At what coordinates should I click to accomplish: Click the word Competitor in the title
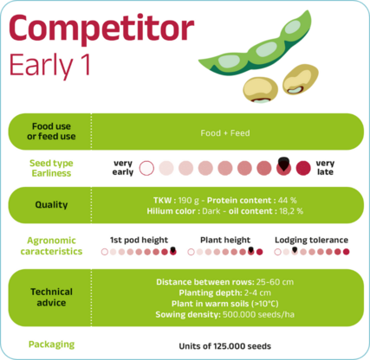(101, 29)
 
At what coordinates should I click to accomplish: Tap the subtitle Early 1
(49, 65)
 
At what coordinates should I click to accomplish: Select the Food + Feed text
(225, 133)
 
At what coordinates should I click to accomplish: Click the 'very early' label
(123, 168)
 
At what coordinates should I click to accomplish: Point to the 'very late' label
(325, 168)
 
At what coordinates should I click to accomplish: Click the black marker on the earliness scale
(283, 164)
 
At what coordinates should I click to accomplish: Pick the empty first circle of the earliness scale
(146, 168)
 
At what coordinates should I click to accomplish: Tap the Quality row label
(51, 204)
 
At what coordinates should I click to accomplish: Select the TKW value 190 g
(189, 200)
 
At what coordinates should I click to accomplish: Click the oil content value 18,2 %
(291, 211)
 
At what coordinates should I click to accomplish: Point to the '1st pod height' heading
(139, 240)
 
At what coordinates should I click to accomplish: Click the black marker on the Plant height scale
(250, 250)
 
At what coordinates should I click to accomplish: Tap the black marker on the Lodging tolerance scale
(295, 249)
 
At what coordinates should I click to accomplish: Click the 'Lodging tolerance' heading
(311, 240)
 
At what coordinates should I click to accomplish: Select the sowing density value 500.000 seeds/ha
(258, 314)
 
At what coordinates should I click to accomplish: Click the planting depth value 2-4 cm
(257, 292)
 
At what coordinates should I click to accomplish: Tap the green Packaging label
(51, 344)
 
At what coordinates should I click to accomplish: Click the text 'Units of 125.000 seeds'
(225, 346)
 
